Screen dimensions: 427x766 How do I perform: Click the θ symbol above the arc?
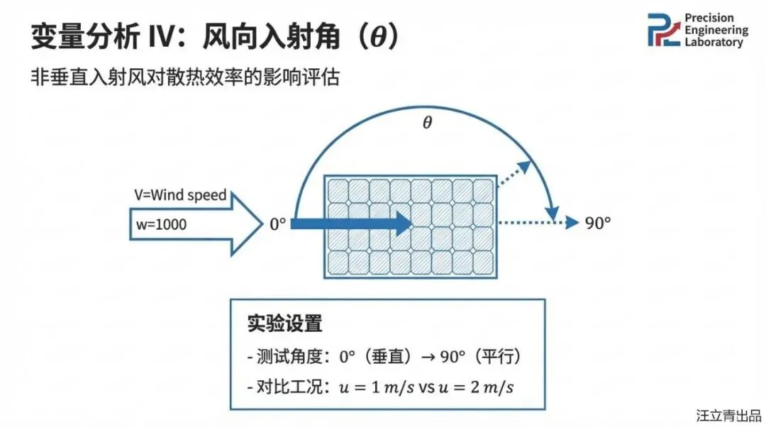click(x=427, y=123)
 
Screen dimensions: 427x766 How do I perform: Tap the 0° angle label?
click(x=277, y=223)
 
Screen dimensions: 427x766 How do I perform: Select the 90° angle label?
click(x=598, y=223)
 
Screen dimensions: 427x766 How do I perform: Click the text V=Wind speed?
click(x=180, y=195)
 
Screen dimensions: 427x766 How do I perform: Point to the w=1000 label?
click(x=164, y=225)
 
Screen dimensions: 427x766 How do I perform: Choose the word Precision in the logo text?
click(x=709, y=18)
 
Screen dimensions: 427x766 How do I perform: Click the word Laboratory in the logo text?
click(x=714, y=43)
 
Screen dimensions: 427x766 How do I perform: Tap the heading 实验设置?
click(x=284, y=324)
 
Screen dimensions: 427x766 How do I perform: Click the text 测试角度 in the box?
click(x=284, y=356)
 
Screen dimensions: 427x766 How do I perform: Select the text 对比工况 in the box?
click(x=284, y=387)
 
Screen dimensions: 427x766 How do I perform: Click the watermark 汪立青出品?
click(x=728, y=414)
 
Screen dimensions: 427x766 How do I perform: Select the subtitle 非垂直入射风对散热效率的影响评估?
click(x=185, y=77)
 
